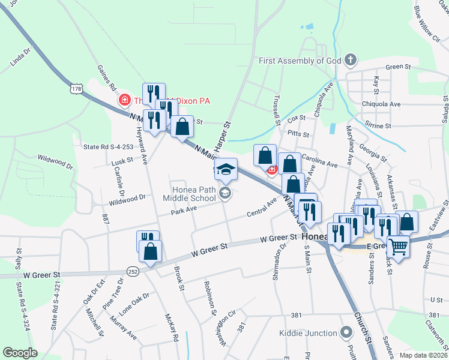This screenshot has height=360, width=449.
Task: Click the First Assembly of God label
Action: [x=300, y=61]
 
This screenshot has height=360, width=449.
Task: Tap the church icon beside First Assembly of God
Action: [x=351, y=60]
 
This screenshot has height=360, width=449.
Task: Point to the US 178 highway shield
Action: [x=76, y=89]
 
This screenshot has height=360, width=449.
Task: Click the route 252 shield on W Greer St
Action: [x=133, y=271]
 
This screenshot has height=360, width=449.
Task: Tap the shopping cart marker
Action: [x=398, y=245]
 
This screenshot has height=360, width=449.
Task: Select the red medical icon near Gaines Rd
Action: [x=125, y=100]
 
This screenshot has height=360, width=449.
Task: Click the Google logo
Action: [x=20, y=352]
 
